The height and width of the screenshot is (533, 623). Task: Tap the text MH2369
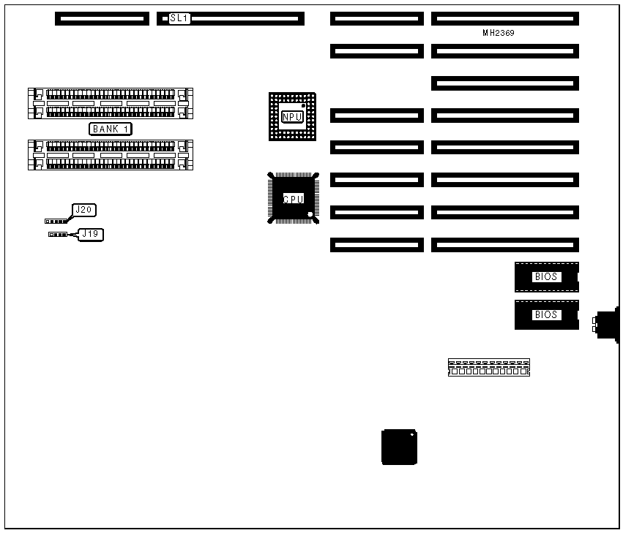(503, 33)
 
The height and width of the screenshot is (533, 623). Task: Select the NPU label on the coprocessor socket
(292, 116)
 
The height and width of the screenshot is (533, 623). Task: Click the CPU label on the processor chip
(293, 198)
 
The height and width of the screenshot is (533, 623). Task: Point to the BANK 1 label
(111, 129)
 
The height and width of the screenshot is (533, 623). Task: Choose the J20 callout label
(84, 210)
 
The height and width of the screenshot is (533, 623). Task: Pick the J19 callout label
(90, 234)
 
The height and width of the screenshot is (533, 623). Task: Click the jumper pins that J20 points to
(55, 220)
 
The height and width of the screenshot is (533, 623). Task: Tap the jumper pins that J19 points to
(58, 235)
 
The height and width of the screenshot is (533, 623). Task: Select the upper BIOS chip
(546, 277)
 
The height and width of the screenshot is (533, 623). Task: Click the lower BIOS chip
(546, 314)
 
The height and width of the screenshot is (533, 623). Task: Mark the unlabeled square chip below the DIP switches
(400, 447)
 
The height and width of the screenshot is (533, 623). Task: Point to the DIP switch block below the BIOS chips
(488, 367)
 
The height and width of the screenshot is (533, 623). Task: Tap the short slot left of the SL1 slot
(102, 18)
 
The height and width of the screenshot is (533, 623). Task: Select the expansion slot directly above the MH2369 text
(505, 18)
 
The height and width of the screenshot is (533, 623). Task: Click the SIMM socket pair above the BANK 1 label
(111, 103)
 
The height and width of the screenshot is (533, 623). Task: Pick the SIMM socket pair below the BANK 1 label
(111, 155)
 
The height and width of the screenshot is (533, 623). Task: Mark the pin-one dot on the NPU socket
(304, 107)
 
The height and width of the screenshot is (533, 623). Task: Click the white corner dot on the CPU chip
(310, 214)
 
